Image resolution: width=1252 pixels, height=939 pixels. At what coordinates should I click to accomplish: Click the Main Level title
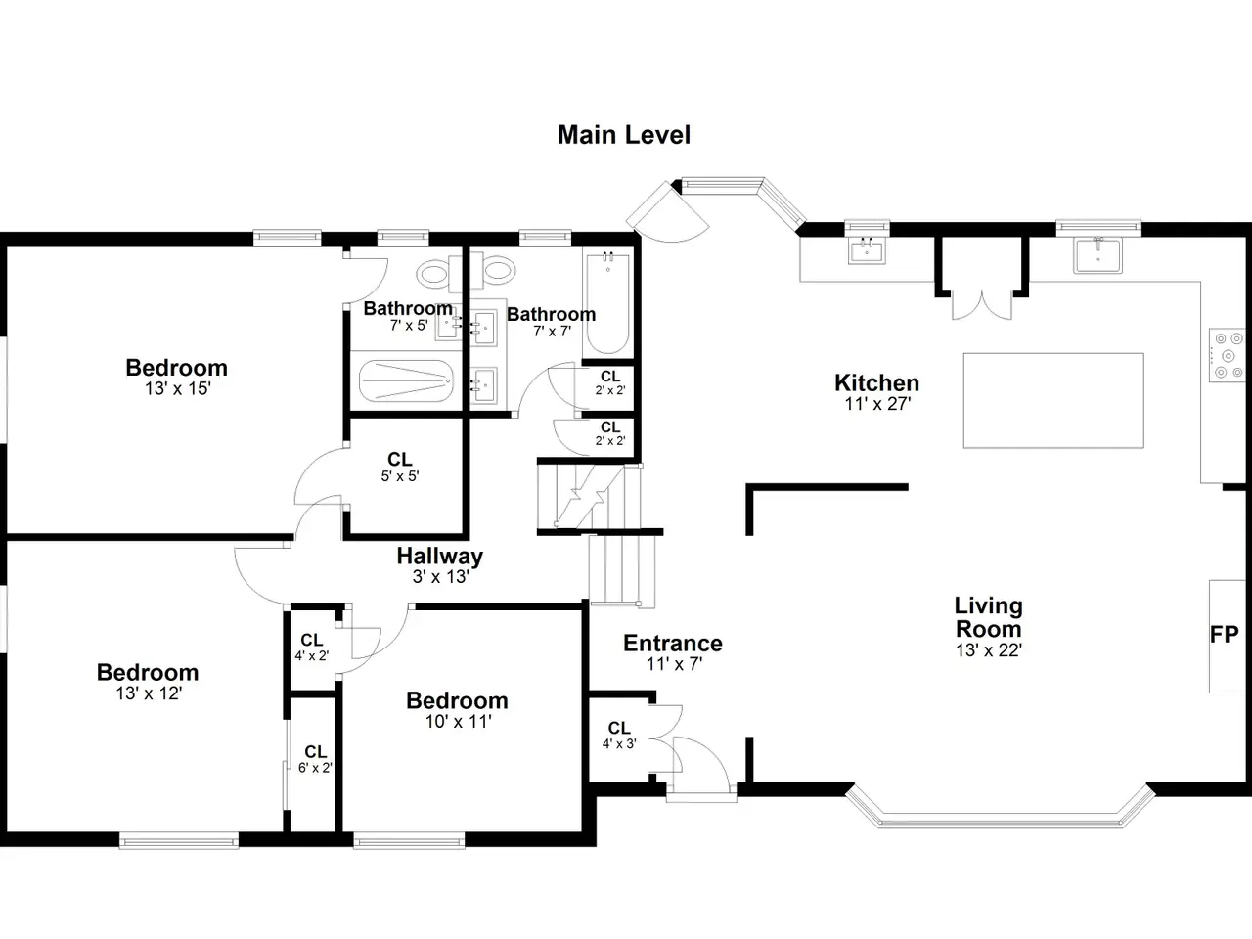point(624,135)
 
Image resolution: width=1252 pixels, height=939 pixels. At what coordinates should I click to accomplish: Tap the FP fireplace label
point(1224,634)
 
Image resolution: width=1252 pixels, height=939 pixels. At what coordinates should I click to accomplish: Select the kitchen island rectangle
point(1053,400)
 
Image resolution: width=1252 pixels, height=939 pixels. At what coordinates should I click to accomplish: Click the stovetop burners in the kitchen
point(1228,355)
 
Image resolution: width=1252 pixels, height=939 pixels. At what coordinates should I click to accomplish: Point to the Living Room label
point(989,617)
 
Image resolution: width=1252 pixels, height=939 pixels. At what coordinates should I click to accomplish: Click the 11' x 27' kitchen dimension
point(877,404)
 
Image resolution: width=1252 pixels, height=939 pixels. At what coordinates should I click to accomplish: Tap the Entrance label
point(673,643)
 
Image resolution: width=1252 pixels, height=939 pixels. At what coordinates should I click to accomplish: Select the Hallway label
point(440,556)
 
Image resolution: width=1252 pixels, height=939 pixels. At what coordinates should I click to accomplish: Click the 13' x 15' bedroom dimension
point(177,389)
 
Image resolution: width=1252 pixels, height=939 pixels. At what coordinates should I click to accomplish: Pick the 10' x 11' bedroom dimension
point(458,722)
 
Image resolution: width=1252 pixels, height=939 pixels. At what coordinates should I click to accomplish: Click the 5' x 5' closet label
point(400,475)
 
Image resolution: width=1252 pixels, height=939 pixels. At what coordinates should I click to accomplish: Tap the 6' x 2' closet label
point(315,768)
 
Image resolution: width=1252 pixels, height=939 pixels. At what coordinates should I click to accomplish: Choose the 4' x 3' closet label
point(619,743)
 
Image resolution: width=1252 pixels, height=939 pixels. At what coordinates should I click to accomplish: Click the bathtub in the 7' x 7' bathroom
point(608,304)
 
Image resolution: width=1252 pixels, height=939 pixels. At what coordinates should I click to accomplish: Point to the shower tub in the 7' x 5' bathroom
point(406,380)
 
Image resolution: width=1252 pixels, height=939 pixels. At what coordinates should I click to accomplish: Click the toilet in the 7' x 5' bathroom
point(439,274)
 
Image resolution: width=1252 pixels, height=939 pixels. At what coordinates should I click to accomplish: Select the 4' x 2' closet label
point(311,656)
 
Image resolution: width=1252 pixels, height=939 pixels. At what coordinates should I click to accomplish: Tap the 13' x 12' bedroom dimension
point(149,693)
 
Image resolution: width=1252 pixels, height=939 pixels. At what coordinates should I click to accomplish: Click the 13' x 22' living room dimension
point(989,649)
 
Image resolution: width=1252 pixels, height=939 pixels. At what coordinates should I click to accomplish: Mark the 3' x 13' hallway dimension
point(440,577)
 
